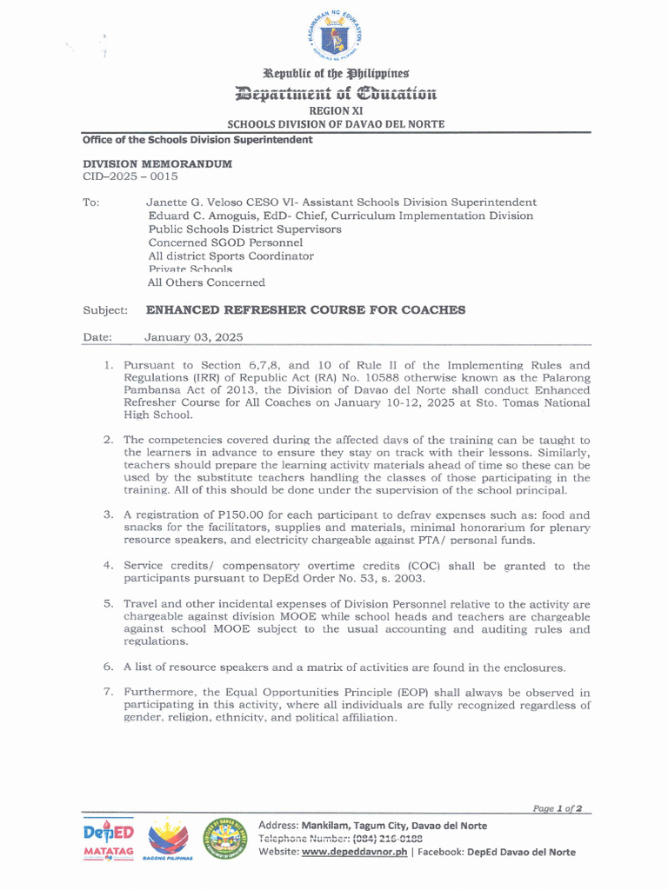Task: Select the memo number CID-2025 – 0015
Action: point(130,176)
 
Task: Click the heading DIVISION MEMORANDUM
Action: point(157,163)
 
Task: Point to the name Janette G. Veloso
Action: point(194,203)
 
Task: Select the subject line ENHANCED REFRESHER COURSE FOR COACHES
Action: point(305,309)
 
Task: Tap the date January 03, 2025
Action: point(193,337)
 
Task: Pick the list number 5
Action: point(109,603)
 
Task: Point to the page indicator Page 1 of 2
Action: point(558,808)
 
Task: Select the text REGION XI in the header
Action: point(336,111)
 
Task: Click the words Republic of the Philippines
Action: point(336,74)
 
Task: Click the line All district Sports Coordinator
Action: point(230,256)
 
